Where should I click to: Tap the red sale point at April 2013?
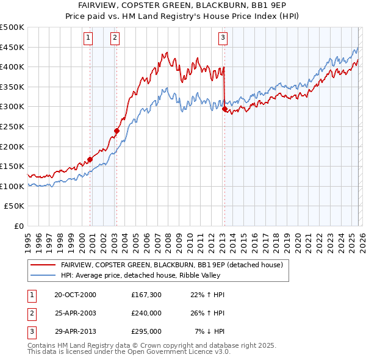click(224, 109)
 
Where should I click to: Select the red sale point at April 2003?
click(117, 131)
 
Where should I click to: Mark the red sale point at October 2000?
click(90, 159)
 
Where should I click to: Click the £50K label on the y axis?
click(15, 206)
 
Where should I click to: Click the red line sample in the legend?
click(43, 265)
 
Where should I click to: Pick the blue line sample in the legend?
click(43, 275)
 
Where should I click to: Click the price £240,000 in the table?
click(146, 313)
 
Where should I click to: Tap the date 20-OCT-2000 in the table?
click(75, 295)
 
